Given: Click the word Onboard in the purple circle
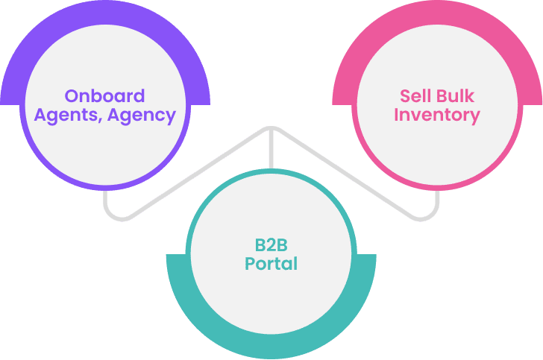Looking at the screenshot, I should pos(104,96).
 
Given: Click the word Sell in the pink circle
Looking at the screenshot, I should pos(415,96).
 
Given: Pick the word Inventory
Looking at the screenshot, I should pos(436,116).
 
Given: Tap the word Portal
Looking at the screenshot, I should pos(271,264).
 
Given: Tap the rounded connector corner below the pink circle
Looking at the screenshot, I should pos(431,212).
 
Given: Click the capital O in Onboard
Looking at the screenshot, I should pos(72,96).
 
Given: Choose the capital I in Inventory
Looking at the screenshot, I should pos(397,116).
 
